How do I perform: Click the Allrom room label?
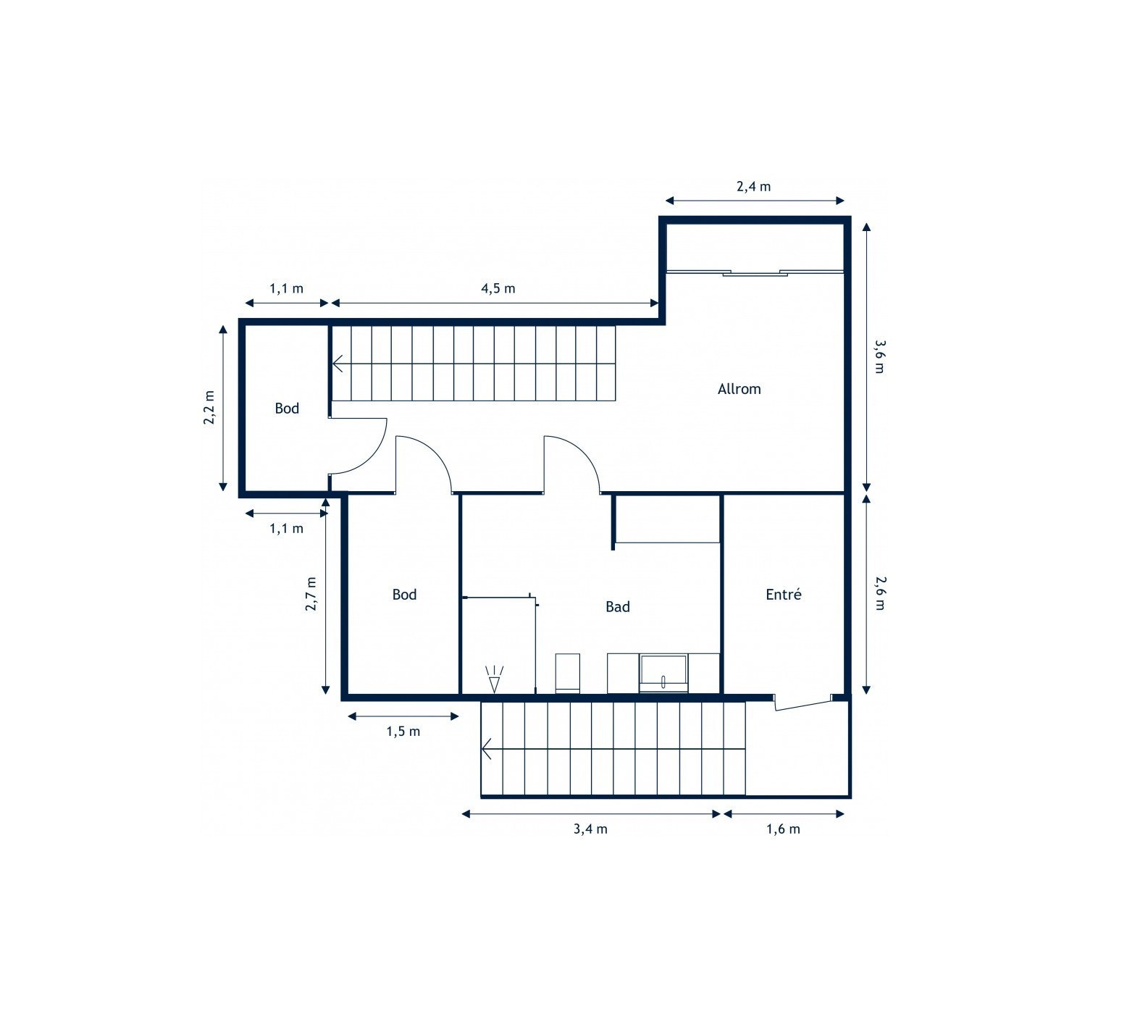739,389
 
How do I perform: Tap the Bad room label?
617,607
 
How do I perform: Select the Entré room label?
783,595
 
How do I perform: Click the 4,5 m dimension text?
498,288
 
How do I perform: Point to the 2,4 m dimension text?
753,186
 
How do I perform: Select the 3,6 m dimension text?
879,356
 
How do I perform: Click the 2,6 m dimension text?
879,593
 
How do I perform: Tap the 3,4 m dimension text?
590,829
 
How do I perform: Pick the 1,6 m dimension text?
783,829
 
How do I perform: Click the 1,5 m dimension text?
403,732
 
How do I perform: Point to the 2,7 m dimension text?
311,594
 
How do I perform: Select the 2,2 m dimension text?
209,408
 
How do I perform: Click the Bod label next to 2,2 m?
287,409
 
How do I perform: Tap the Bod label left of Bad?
404,595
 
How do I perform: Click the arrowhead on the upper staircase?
338,363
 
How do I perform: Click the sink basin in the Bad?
663,671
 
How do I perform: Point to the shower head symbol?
495,681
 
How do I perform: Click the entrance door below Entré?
803,703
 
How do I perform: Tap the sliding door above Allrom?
754,272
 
